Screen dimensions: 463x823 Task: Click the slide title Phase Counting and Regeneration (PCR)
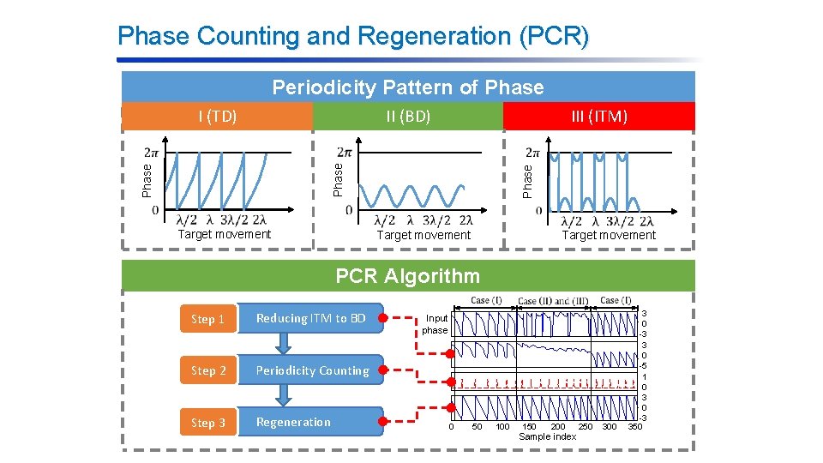coord(353,36)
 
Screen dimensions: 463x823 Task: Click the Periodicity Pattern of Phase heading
coord(407,87)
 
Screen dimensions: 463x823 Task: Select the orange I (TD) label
coord(217,116)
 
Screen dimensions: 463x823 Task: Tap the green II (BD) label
coord(407,116)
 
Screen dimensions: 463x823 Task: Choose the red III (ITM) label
coord(599,116)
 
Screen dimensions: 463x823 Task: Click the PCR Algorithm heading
coord(407,276)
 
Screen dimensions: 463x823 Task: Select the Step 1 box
coord(207,319)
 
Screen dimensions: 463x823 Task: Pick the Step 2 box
coord(207,370)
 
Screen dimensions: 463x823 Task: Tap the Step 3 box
coord(207,422)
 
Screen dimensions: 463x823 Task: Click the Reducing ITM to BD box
coord(310,318)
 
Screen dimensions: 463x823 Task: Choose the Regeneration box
coord(310,422)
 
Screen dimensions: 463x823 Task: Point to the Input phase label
coord(435,324)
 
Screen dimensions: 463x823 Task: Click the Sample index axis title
coord(548,437)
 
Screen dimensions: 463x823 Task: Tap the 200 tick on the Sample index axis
coord(558,427)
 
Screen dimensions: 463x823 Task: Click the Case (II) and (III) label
coord(553,302)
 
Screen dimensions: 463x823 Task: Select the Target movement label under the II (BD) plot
coord(424,235)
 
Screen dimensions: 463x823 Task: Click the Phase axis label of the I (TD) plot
coord(147,180)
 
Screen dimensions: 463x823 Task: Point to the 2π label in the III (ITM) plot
coord(532,153)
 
